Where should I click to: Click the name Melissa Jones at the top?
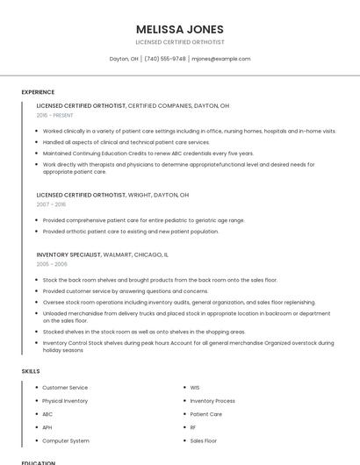(x=180, y=29)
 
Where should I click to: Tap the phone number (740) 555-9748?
(x=166, y=59)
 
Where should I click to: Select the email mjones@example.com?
(x=221, y=59)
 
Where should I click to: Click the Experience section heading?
(x=38, y=92)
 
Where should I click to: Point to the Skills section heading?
(x=31, y=371)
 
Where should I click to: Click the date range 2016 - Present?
(x=54, y=115)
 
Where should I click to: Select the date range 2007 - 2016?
(x=51, y=204)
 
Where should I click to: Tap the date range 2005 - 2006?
(x=52, y=263)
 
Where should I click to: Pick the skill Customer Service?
(x=65, y=387)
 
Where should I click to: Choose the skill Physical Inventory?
(x=65, y=401)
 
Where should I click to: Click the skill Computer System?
(x=66, y=440)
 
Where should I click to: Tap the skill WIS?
(x=195, y=387)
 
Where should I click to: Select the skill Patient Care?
(x=205, y=414)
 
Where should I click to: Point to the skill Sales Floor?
(x=203, y=440)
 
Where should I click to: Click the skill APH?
(x=47, y=427)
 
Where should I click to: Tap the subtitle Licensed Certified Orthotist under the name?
(x=180, y=42)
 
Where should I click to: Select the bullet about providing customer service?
(x=125, y=290)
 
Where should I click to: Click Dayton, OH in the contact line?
(x=124, y=59)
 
